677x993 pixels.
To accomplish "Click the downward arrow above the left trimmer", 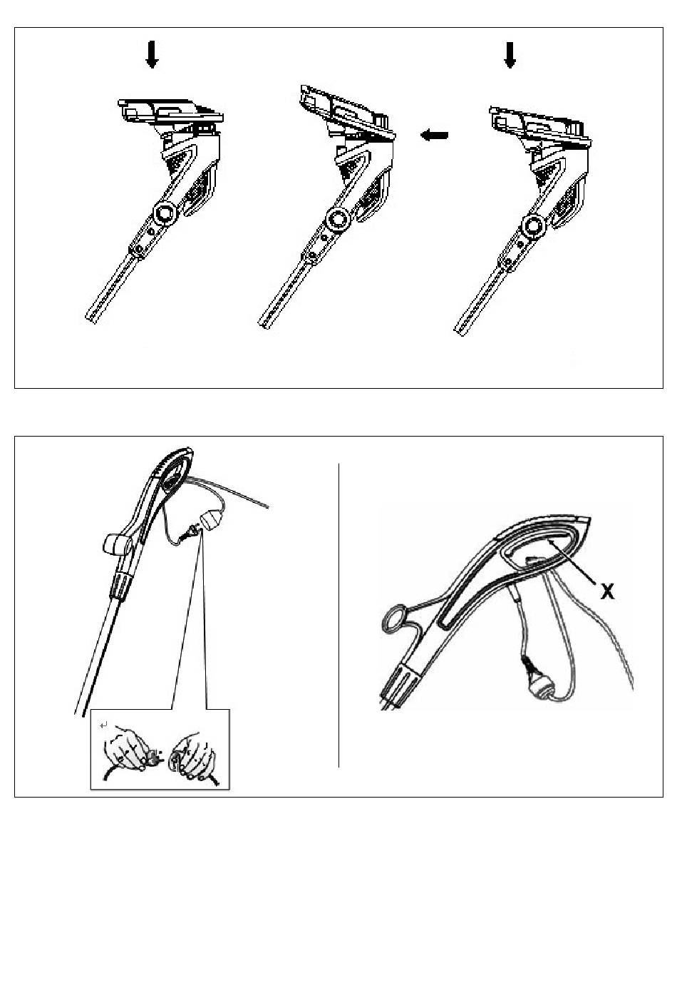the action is [x=152, y=54].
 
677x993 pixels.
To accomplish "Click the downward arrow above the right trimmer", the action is [x=510, y=55].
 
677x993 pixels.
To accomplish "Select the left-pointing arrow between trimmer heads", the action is [x=435, y=135].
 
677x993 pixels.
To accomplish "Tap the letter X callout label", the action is [x=607, y=591].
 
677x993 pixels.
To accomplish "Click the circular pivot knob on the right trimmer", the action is [x=534, y=226].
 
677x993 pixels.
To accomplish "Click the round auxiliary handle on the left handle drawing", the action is [x=116, y=544].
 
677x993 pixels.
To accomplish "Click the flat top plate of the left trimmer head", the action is [x=170, y=110].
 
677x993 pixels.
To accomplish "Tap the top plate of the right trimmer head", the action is [x=540, y=126].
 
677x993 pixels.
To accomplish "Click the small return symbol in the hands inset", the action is [x=103, y=725].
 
